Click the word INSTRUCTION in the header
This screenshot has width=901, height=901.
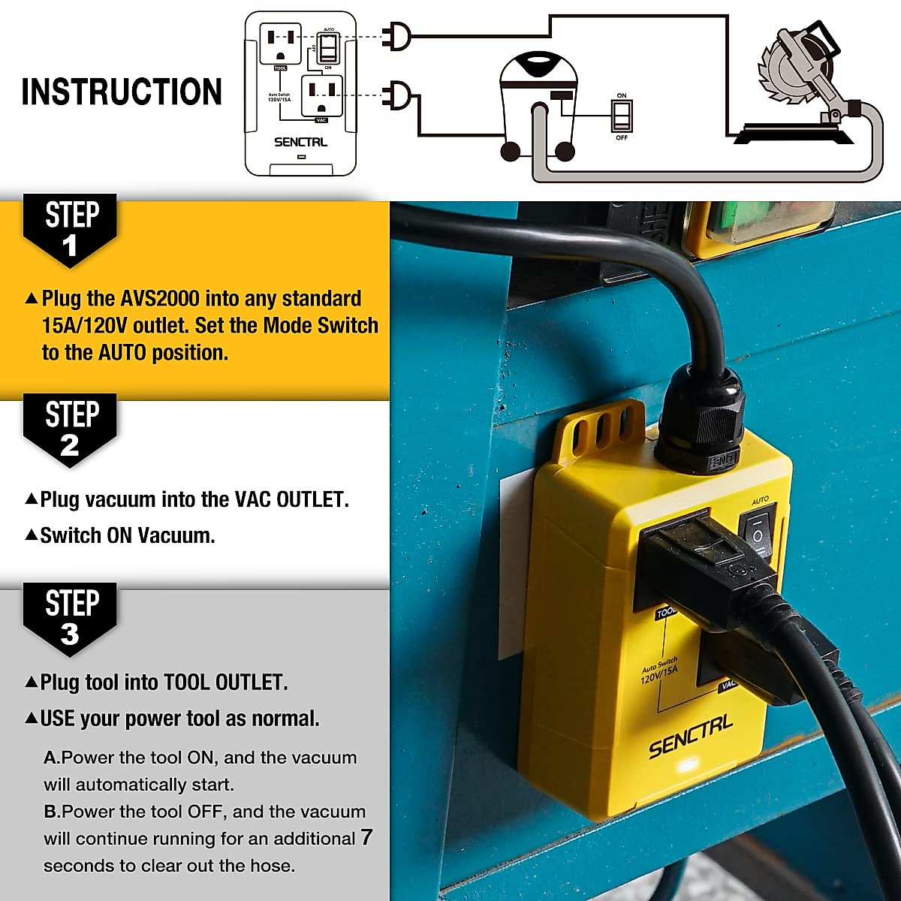pyautogui.click(x=122, y=92)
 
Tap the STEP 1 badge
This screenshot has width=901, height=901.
pyautogui.click(x=71, y=230)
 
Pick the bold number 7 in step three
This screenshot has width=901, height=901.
pyautogui.click(x=366, y=837)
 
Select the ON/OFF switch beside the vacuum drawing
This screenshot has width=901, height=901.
pyautogui.click(x=622, y=116)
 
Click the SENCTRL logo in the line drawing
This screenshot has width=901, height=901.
pyautogui.click(x=300, y=142)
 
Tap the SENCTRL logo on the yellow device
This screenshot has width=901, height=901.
pyautogui.click(x=690, y=737)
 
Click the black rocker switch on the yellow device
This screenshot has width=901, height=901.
pyautogui.click(x=756, y=535)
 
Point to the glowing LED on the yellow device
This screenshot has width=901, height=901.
pyautogui.click(x=686, y=767)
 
